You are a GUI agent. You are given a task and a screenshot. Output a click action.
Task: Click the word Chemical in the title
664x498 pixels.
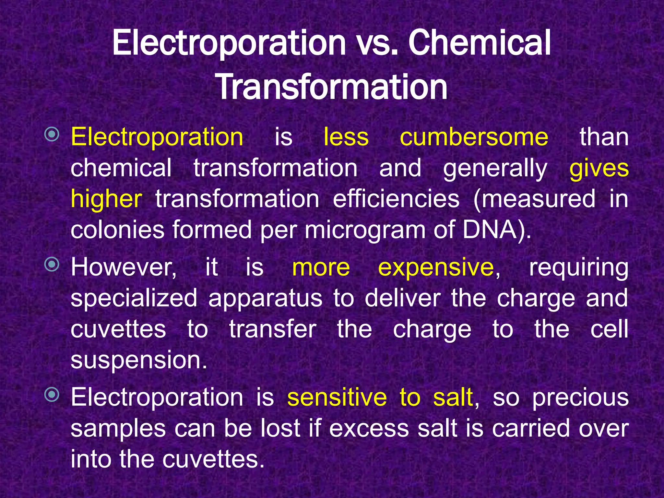pos(479,43)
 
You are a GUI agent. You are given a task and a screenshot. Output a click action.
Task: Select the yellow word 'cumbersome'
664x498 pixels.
pos(474,137)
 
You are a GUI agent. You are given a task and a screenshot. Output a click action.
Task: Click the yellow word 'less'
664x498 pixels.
pos(346,137)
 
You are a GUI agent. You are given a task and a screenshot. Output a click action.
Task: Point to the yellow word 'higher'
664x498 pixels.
pos(106,199)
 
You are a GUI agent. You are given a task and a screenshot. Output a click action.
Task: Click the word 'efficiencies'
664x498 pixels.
pos(396,199)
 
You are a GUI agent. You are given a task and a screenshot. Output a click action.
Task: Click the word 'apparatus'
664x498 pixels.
pos(265,298)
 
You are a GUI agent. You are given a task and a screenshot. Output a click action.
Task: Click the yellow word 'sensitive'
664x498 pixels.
pos(337,397)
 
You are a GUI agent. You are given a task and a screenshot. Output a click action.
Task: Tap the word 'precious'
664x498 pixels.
pos(580,398)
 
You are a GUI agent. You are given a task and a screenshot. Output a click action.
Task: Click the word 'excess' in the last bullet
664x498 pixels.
pos(369,428)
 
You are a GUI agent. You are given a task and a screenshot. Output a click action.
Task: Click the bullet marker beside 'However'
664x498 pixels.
pos(52,265)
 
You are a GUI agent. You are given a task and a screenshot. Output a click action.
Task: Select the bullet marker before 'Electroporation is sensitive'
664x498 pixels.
pos(52,395)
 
